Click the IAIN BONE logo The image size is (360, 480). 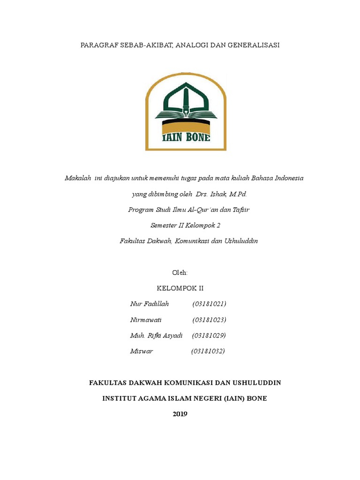pyautogui.click(x=186, y=112)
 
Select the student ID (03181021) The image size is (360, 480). pyautogui.click(x=209, y=304)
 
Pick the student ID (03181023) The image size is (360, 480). pyautogui.click(x=209, y=320)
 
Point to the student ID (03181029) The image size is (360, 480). pyautogui.click(x=209, y=336)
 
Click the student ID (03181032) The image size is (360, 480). pyautogui.click(x=208, y=351)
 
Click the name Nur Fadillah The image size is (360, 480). pyautogui.click(x=150, y=304)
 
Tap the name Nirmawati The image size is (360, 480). pyautogui.click(x=146, y=320)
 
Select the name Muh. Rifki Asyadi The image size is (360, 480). pyautogui.click(x=156, y=336)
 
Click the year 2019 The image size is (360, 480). pyautogui.click(x=180, y=413)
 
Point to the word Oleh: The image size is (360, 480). pyautogui.click(x=180, y=272)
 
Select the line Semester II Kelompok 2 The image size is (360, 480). pyautogui.click(x=185, y=225)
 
